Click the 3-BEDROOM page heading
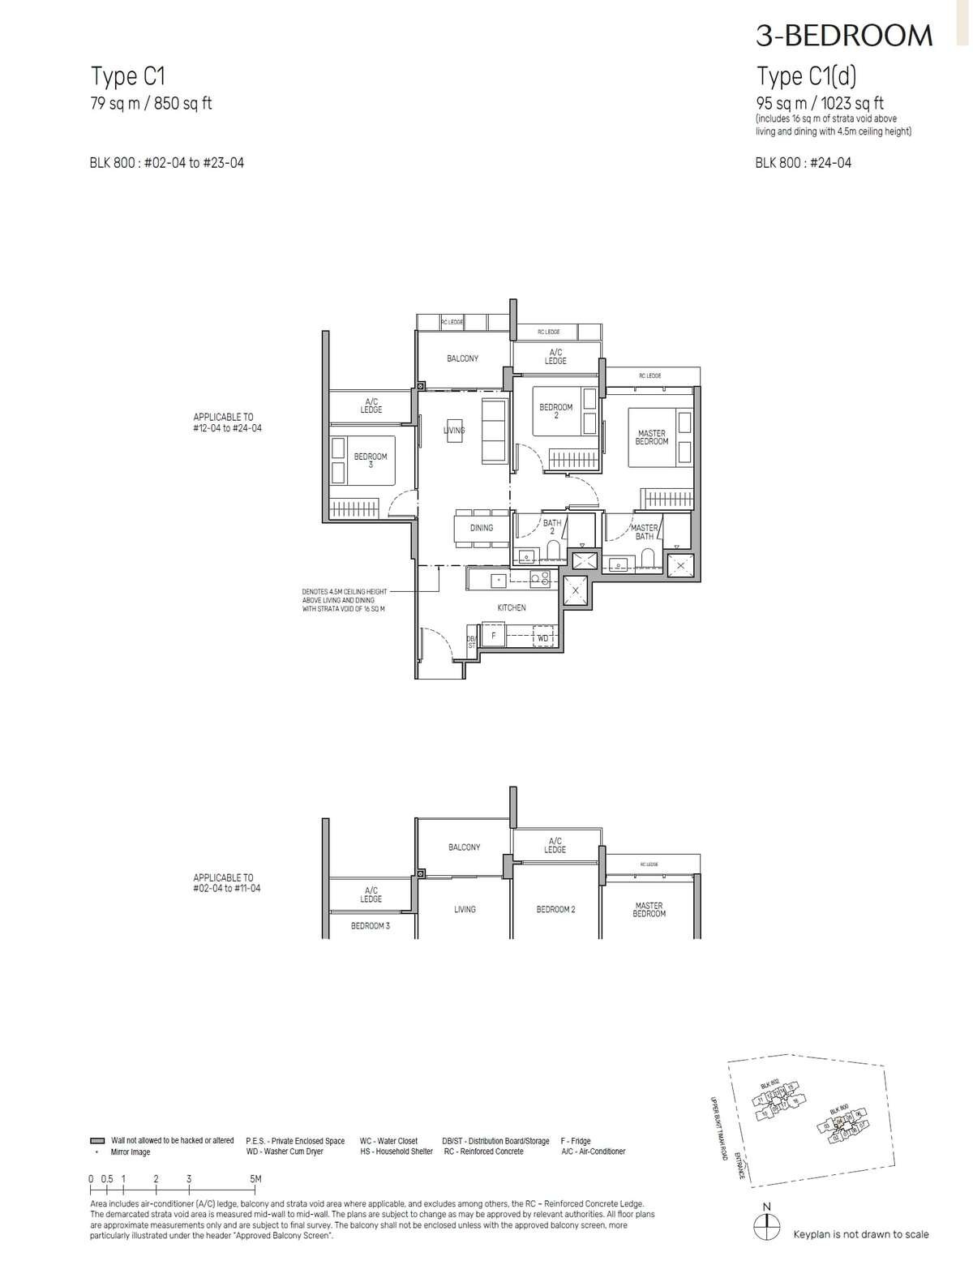(844, 35)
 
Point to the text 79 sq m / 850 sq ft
(151, 103)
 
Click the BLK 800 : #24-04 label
(803, 162)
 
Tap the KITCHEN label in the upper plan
(512, 607)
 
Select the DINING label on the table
(482, 528)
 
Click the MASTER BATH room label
(645, 532)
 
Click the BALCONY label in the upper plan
(463, 358)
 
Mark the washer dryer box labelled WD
(542, 639)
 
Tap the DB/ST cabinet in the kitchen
(471, 641)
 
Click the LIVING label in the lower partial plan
(465, 910)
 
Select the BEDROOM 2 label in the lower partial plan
(555, 910)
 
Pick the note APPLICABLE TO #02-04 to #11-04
(227, 883)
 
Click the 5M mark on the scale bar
(256, 1179)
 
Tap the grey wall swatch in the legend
(97, 1140)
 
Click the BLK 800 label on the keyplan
(838, 1109)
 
